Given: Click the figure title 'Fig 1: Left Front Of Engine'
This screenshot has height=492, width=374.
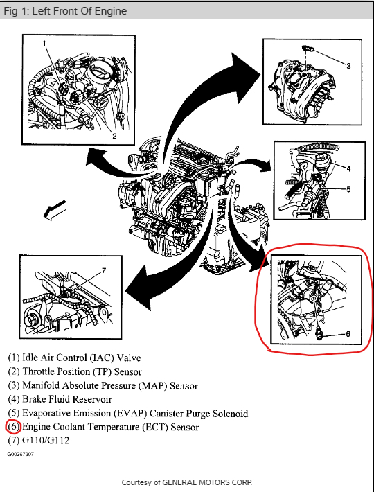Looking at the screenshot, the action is tap(65, 11).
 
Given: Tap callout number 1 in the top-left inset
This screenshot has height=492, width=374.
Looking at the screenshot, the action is tap(44, 43).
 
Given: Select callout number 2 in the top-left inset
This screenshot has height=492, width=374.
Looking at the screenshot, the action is tap(114, 137).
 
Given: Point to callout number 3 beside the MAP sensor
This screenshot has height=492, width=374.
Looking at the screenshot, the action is tap(348, 66).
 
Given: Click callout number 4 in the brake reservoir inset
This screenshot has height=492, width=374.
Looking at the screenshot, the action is tap(348, 168).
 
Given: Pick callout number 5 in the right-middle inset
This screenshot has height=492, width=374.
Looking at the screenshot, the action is tap(348, 189).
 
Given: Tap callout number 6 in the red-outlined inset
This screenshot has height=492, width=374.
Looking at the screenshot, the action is tap(348, 334).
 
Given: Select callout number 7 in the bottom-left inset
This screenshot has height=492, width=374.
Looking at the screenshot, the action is tap(104, 270).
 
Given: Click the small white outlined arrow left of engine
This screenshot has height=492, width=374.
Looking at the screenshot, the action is tap(55, 209).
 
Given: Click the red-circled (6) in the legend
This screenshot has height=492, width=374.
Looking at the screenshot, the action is tap(13, 427).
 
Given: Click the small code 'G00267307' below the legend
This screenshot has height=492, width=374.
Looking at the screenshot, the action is tap(21, 454).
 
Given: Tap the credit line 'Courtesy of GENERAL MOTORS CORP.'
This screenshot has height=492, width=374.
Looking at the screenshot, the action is tap(187, 482).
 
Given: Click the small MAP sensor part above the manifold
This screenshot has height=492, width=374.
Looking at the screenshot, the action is tap(308, 49).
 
